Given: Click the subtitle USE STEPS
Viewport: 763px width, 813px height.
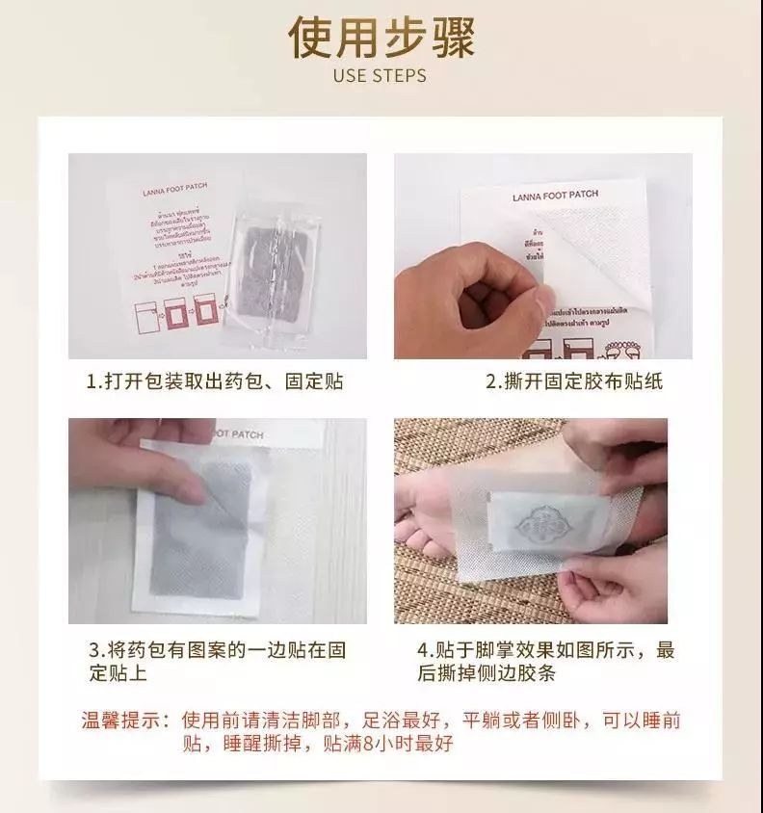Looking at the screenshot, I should pos(381,75).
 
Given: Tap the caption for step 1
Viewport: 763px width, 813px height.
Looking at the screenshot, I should pos(214,382).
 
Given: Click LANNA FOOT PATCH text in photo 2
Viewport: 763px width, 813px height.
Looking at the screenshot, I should pos(556,196).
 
